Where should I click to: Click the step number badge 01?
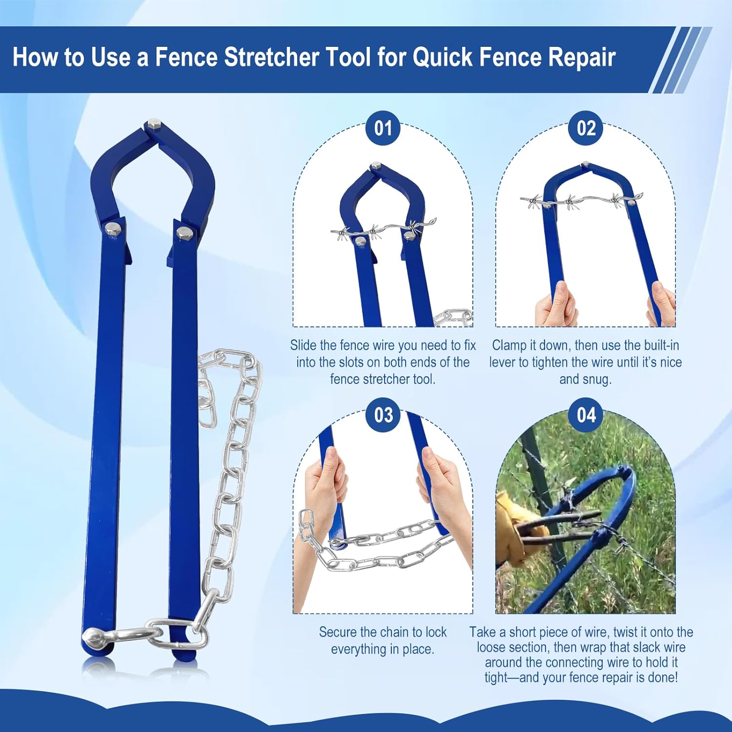[x=383, y=128]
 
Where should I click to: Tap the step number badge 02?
[x=586, y=128]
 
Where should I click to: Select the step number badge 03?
[x=383, y=415]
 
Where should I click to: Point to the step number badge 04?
[x=586, y=415]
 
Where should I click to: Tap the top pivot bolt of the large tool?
[x=154, y=126]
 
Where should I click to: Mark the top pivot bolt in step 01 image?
[x=376, y=166]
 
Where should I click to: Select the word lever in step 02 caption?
[x=505, y=362]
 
